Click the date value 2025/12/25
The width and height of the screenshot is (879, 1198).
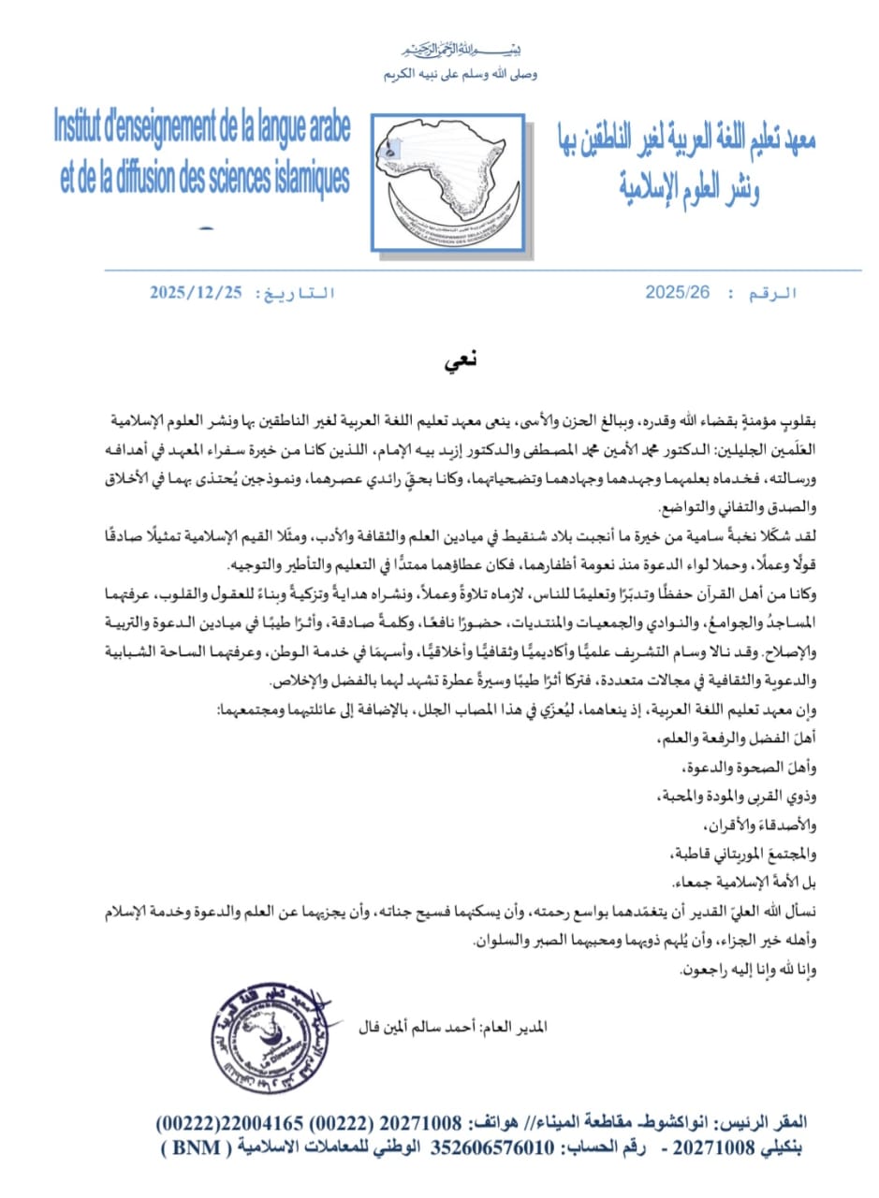(x=196, y=293)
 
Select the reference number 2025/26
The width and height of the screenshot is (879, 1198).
(x=678, y=293)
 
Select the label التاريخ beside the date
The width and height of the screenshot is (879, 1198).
(x=299, y=293)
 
